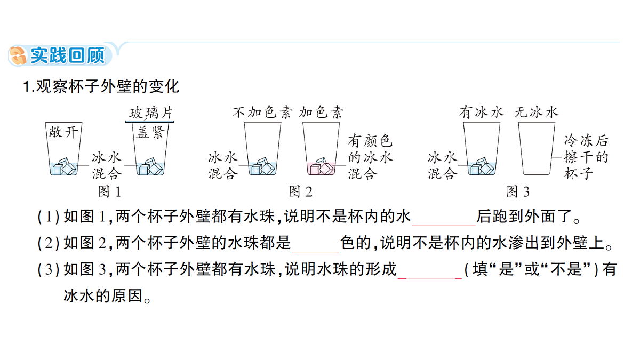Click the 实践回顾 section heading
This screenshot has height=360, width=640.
click(x=68, y=55)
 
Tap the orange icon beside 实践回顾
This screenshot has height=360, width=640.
click(x=18, y=55)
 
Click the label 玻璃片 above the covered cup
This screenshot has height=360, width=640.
click(x=151, y=113)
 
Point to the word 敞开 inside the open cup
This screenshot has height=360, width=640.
click(x=63, y=132)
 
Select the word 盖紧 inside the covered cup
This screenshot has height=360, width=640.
click(x=150, y=133)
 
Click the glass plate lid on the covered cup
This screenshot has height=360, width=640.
click(x=149, y=122)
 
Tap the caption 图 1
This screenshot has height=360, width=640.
click(x=110, y=191)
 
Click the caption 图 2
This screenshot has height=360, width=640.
click(x=301, y=191)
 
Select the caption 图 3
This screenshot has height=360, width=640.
click(x=518, y=191)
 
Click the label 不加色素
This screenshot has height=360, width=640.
click(x=262, y=113)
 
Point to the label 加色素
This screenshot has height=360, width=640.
click(x=321, y=113)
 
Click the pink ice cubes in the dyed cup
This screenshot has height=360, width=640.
click(x=322, y=166)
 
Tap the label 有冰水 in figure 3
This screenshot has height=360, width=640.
click(x=482, y=113)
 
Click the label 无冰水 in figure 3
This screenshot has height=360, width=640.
click(x=537, y=113)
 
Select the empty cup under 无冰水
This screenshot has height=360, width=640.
click(x=537, y=149)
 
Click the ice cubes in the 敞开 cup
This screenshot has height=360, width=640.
click(x=65, y=166)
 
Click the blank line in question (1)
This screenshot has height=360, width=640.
click(x=444, y=226)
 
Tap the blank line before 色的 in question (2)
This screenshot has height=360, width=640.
click(x=315, y=252)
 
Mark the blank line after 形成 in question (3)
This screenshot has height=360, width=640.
click(x=430, y=278)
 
